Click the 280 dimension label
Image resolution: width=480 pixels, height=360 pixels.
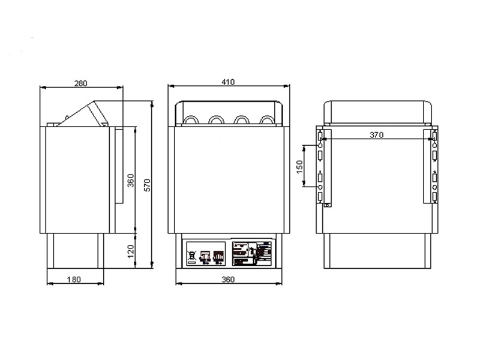tap(80, 83)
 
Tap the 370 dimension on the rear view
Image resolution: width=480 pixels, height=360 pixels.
tap(376, 135)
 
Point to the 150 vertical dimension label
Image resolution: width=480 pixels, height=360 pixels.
tap(300, 167)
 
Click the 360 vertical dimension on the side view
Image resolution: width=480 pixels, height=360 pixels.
tap(130, 180)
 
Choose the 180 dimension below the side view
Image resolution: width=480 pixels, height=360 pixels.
tap(74, 279)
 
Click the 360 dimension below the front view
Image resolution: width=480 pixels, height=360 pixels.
tap(228, 279)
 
